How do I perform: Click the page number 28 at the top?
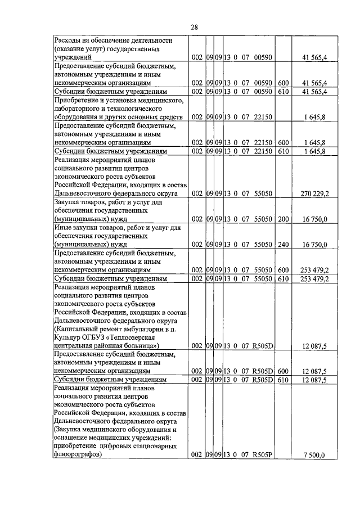pos(194,26)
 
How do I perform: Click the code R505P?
pos(262,455)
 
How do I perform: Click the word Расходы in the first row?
pos(68,40)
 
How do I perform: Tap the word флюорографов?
pos(77,455)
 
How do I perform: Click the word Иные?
pos(62,228)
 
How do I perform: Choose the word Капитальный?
pos(79,328)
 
